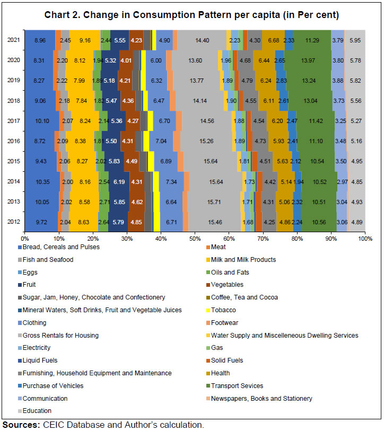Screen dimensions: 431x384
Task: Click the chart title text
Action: coord(191,14)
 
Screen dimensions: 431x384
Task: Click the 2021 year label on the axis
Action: coord(14,40)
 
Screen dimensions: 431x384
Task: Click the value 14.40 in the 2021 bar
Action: coord(202,40)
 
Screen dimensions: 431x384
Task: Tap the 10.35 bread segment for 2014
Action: coord(42,181)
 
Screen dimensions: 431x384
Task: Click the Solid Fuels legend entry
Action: coord(227,360)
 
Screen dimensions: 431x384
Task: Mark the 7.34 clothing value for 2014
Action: coord(171,181)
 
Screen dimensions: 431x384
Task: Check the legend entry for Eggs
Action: coord(33,272)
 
